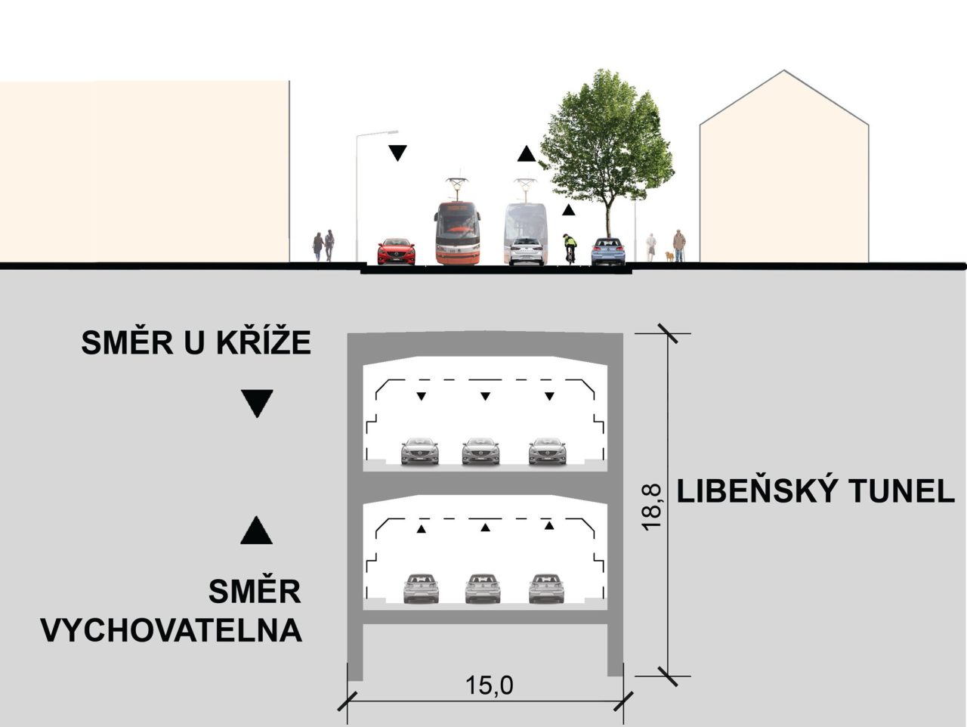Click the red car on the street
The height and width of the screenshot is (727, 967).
(396, 252)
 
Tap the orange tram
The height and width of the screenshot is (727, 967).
(457, 233)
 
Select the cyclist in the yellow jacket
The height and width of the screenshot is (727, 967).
(570, 247)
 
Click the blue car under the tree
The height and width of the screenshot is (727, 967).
(608, 252)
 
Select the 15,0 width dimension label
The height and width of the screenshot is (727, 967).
(489, 686)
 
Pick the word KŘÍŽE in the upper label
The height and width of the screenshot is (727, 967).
(264, 343)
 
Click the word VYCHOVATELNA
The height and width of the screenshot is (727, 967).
(171, 630)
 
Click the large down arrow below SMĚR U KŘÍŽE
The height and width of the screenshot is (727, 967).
(256, 404)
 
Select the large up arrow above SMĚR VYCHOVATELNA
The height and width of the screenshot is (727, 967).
(256, 531)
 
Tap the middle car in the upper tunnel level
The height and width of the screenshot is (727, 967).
(480, 451)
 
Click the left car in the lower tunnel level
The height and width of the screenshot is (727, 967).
(421, 588)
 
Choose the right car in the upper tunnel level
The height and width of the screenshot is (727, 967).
(547, 451)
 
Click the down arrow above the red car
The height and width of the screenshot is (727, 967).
(397, 153)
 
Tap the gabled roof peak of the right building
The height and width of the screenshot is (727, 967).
(783, 73)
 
